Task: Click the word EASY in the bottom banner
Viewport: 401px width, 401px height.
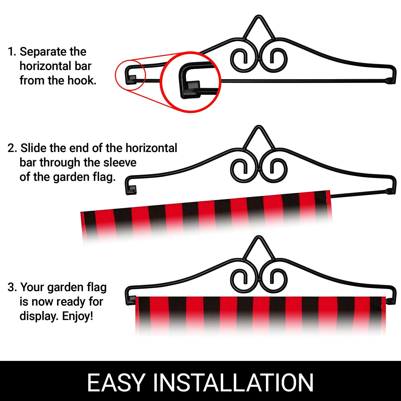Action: [116, 383]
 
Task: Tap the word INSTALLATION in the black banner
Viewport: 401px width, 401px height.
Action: [233, 383]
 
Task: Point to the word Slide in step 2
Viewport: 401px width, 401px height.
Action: [33, 148]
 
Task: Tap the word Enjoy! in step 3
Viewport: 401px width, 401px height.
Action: [77, 317]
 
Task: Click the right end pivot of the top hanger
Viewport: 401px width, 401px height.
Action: [391, 80]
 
